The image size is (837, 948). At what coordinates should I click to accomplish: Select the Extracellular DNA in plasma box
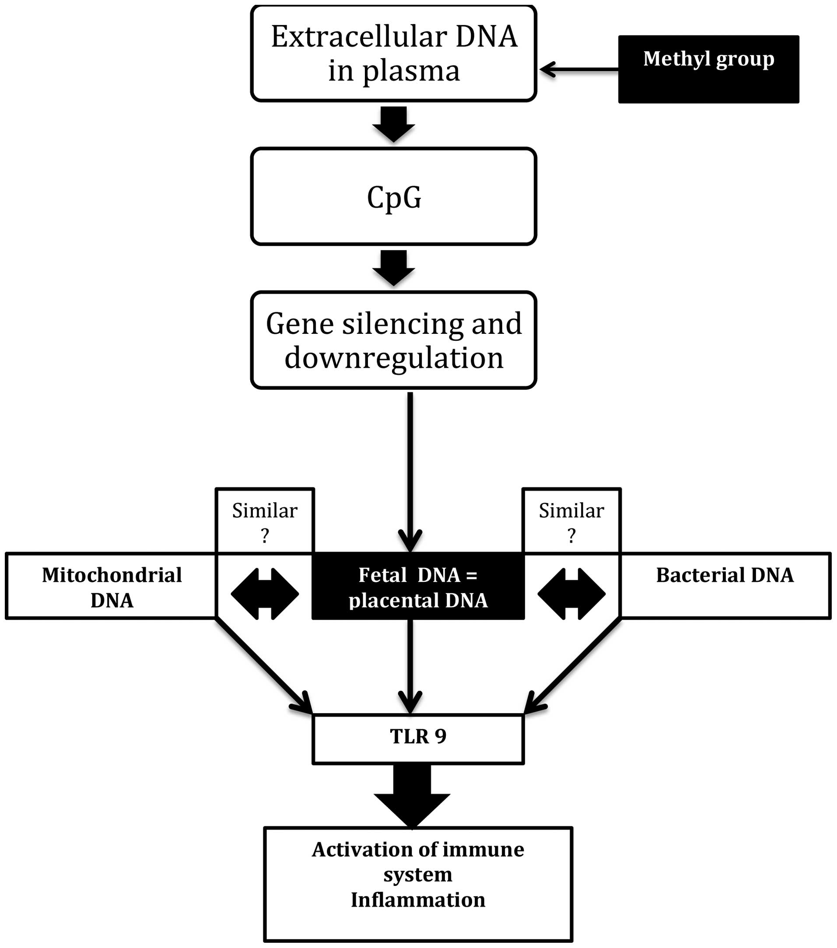click(393, 53)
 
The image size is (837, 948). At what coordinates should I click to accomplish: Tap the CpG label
click(394, 197)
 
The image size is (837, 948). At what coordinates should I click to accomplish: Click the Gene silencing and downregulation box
click(393, 340)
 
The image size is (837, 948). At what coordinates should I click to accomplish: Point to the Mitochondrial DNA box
click(112, 586)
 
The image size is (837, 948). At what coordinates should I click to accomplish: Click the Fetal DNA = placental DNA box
click(418, 586)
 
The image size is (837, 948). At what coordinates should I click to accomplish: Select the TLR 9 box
click(418, 737)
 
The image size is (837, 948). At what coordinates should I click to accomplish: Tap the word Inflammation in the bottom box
click(418, 900)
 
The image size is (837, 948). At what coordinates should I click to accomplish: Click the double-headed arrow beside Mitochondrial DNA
click(264, 594)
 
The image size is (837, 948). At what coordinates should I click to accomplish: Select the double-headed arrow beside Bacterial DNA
click(571, 594)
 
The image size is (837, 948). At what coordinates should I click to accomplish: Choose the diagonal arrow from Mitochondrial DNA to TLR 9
click(263, 665)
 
